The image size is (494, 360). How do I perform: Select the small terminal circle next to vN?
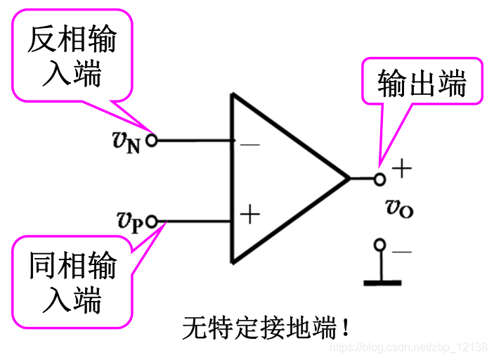[x=151, y=140]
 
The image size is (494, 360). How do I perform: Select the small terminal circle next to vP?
[x=152, y=221]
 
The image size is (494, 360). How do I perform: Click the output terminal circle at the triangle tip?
[x=379, y=179]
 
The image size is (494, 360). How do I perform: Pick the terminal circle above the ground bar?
[x=380, y=245]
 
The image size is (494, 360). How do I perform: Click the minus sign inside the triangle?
[x=249, y=145]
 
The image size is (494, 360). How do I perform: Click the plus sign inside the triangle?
[x=249, y=214]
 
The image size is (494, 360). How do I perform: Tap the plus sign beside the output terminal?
[x=401, y=169]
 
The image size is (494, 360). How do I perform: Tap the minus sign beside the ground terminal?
[x=402, y=251]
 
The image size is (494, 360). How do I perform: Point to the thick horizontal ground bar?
[x=382, y=283]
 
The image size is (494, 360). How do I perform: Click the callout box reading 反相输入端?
[x=72, y=55]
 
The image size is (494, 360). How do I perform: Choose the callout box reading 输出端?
[x=422, y=83]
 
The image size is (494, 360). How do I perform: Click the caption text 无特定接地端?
[x=266, y=328]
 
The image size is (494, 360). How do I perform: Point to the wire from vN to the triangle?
[x=193, y=140]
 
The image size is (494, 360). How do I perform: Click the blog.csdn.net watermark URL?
[x=408, y=347]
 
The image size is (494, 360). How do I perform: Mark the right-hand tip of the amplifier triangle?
[x=349, y=179]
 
